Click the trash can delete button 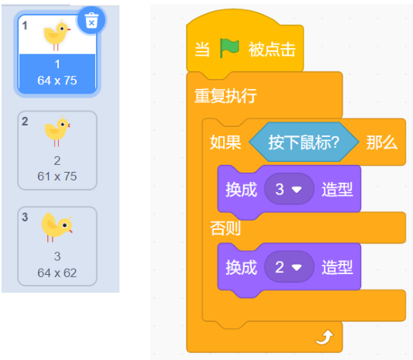pos(91,20)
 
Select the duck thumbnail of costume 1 pos(57,35)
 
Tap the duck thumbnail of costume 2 pos(57,131)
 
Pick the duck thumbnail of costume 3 pos(57,227)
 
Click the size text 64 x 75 pos(57,81)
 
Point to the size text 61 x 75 pos(57,177)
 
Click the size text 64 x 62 pos(57,273)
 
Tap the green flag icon pos(229,48)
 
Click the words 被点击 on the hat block pos(272,50)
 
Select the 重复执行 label pos(225,96)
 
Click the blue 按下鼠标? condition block pos(304,142)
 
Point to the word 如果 pos(225,142)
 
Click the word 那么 pos(382,143)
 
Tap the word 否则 pos(225,228)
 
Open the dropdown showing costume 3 pos(289,189)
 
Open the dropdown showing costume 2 pos(289,267)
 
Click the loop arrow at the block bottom pos(325,337)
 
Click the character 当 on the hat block pos(202,50)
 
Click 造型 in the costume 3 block pos(337,190)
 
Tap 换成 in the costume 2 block pos(241,268)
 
